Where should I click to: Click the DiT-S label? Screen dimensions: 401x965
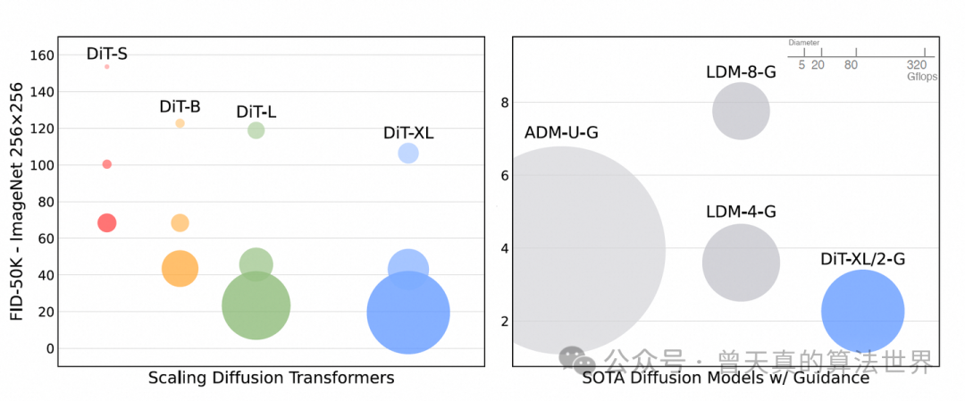pyautogui.click(x=106, y=54)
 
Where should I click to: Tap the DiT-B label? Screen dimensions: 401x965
pyautogui.click(x=180, y=107)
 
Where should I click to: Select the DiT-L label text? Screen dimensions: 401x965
pyautogui.click(x=256, y=112)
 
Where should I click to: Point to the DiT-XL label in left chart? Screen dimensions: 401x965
pyautogui.click(x=408, y=133)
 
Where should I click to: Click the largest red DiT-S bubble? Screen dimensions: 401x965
pyautogui.click(x=106, y=222)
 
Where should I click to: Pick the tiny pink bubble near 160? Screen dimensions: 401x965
pyautogui.click(x=106, y=67)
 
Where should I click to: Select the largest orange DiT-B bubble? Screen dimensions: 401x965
pyautogui.click(x=180, y=268)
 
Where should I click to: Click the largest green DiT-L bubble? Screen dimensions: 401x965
pyautogui.click(x=256, y=305)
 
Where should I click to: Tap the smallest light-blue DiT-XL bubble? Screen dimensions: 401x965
pyautogui.click(x=408, y=154)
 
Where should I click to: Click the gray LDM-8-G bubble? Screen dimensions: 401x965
pyautogui.click(x=741, y=112)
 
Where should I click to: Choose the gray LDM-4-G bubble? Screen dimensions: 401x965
pyautogui.click(x=741, y=263)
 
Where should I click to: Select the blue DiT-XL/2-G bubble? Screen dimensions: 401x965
pyautogui.click(x=862, y=311)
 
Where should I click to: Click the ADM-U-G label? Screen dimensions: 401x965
pyautogui.click(x=561, y=133)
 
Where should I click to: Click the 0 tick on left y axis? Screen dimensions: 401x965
pyautogui.click(x=49, y=348)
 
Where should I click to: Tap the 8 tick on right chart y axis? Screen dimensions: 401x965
pyautogui.click(x=504, y=103)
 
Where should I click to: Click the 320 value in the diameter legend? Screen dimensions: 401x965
pyautogui.click(x=917, y=65)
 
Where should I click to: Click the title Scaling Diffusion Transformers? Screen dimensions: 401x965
pyautogui.click(x=271, y=378)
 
